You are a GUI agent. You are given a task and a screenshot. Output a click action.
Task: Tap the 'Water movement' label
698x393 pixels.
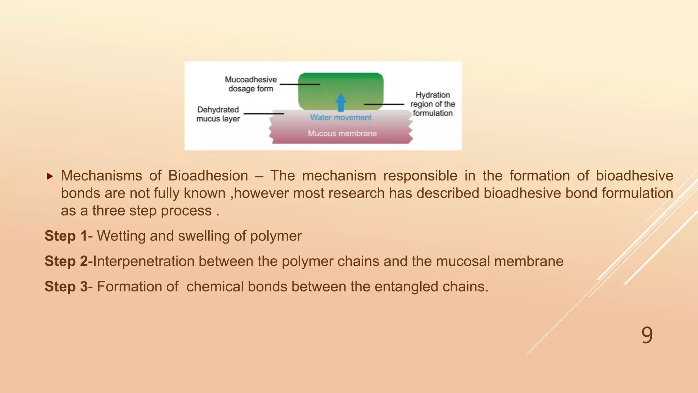pos(340,117)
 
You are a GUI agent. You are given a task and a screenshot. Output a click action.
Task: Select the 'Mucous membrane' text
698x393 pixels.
pos(342,133)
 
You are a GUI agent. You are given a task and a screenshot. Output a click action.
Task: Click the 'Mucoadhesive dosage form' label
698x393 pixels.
pos(251,84)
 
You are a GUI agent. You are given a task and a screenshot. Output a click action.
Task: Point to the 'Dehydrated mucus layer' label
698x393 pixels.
pos(218,114)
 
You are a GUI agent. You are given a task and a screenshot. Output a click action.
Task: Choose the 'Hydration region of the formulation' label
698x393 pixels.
pos(433,104)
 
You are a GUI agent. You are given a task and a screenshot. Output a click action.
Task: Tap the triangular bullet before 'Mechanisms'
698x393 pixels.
pos(50,176)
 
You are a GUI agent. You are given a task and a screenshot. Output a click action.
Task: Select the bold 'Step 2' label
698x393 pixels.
pos(66,261)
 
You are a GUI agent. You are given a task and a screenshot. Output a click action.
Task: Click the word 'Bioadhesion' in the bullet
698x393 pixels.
pos(208,176)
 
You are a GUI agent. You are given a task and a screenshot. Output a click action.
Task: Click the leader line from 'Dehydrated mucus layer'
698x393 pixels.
pos(264,114)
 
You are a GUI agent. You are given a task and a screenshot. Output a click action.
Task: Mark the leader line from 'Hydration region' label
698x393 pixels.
pos(384,104)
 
